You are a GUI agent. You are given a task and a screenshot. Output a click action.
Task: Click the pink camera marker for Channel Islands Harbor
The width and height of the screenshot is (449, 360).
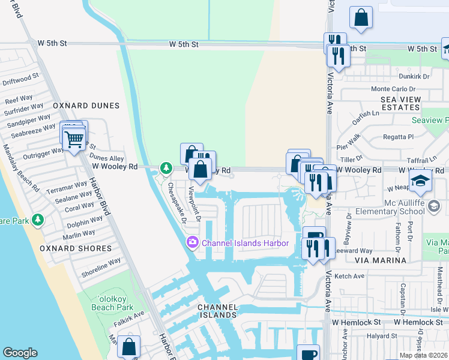[x=193, y=243]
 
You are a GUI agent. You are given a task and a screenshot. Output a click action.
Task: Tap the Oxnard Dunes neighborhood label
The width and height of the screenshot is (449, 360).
[x=86, y=106]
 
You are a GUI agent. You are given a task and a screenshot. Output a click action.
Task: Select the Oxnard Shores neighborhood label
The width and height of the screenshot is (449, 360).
[x=84, y=248]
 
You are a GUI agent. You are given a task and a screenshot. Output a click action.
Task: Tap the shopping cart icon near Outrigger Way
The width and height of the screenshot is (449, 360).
[x=74, y=139]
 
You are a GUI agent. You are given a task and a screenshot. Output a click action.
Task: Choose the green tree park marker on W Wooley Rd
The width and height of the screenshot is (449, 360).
[x=165, y=168]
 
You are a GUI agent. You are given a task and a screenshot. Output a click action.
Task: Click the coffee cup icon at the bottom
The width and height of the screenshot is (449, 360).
[x=309, y=354]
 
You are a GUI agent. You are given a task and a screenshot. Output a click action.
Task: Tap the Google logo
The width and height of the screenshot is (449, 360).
[x=20, y=353]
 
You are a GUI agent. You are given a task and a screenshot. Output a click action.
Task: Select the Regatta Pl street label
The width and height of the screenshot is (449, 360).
[x=393, y=137]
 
